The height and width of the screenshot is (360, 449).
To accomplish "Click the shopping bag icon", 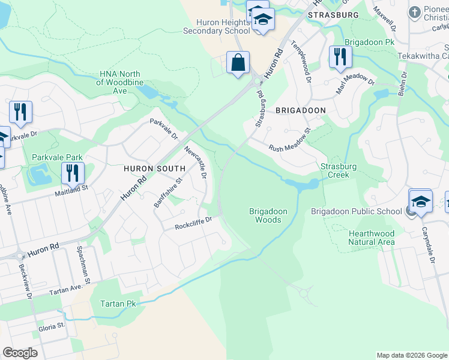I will pyautogui.click(x=238, y=62).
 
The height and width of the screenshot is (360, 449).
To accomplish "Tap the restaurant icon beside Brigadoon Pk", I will pyautogui.click(x=340, y=57).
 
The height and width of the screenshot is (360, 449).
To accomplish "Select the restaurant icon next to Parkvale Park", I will pyautogui.click(x=73, y=173).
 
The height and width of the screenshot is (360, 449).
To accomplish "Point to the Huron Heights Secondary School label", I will pyautogui.click(x=216, y=27).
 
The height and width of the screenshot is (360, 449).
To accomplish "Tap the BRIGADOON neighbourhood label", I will pyautogui.click(x=300, y=110).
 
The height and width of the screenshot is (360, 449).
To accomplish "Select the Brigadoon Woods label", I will pyautogui.click(x=268, y=215).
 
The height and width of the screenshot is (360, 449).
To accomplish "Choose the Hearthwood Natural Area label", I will pyautogui.click(x=372, y=238).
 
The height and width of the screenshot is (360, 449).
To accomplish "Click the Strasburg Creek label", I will pyautogui.click(x=339, y=170).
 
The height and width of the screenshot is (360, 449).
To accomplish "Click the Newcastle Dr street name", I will pyautogui.click(x=195, y=162).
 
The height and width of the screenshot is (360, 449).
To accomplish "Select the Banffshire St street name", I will pyautogui.click(x=167, y=192).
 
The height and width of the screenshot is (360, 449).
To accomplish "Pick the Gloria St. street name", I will pyautogui.click(x=52, y=326).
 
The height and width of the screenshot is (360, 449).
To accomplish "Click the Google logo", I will pyautogui.click(x=20, y=353).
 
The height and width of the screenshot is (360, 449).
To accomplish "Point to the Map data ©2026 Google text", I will pyautogui.click(x=411, y=355).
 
